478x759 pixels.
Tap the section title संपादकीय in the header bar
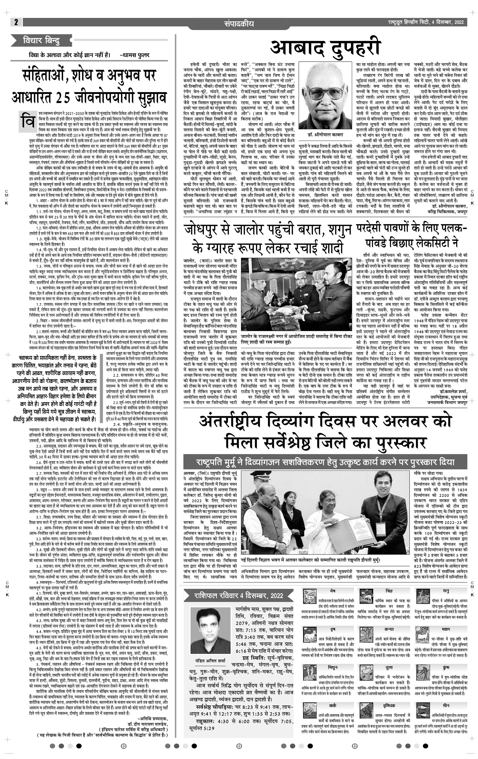(x=239, y=23)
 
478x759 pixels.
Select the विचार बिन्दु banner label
(x=41, y=41)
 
